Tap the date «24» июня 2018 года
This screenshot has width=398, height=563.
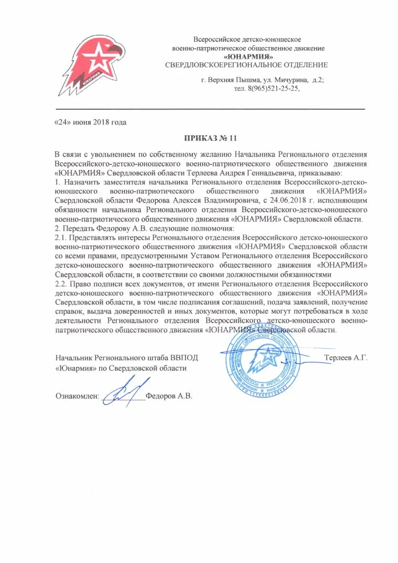(x=91, y=122)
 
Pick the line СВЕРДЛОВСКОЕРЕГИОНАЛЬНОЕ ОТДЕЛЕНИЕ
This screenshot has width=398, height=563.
(x=246, y=65)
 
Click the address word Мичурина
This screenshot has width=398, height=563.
(x=293, y=80)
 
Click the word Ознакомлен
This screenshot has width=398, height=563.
(x=77, y=396)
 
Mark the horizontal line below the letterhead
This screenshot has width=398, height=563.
(x=209, y=108)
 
